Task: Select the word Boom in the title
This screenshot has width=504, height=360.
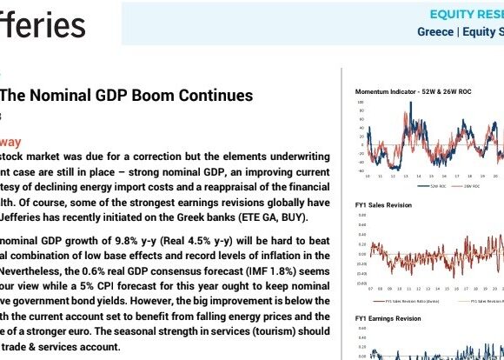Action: pos(156,96)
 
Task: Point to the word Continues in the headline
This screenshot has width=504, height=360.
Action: pos(214,96)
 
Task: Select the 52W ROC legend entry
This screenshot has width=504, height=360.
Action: pos(439,184)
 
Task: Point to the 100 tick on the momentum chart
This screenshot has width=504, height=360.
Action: pos(361,103)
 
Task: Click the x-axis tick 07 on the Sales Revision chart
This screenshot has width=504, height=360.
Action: pos(369,287)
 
